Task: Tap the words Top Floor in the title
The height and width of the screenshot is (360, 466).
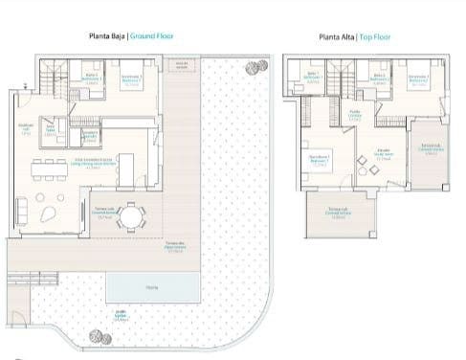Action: tap(375, 38)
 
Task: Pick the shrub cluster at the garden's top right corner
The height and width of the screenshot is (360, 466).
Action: tap(255, 65)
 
